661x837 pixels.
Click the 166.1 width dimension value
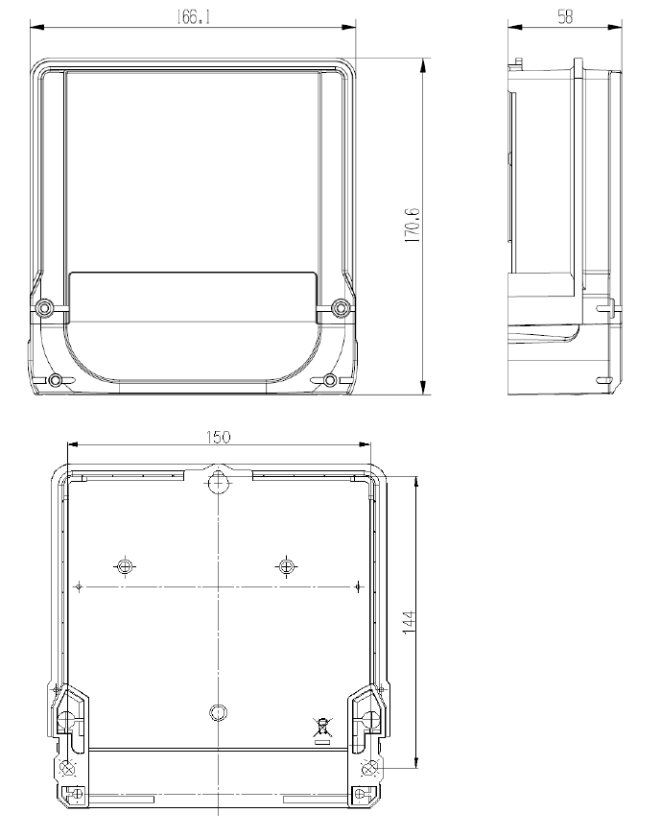click(193, 17)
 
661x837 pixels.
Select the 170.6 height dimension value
click(413, 226)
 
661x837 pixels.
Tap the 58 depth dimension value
click(565, 17)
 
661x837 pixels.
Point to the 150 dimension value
click(218, 437)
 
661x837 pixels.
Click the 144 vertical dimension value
click(408, 622)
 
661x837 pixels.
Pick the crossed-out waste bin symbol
click(321, 730)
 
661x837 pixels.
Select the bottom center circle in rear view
click(218, 712)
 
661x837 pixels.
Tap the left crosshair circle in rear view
click(125, 565)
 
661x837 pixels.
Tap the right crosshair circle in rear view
click(286, 565)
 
